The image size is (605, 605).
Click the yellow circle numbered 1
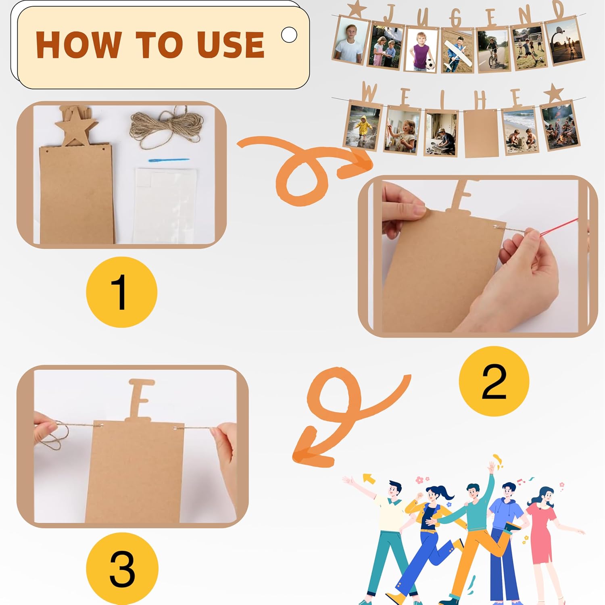coord(121,292)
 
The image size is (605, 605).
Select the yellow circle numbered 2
coord(494,381)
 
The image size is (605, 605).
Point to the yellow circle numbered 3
coord(122,569)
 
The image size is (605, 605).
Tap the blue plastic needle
coord(169,160)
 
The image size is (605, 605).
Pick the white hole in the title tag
coord(289,35)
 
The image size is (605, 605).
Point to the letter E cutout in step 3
coord(141,399)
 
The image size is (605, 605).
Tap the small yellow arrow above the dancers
coord(369,479)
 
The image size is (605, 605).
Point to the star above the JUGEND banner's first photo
coord(355,9)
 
